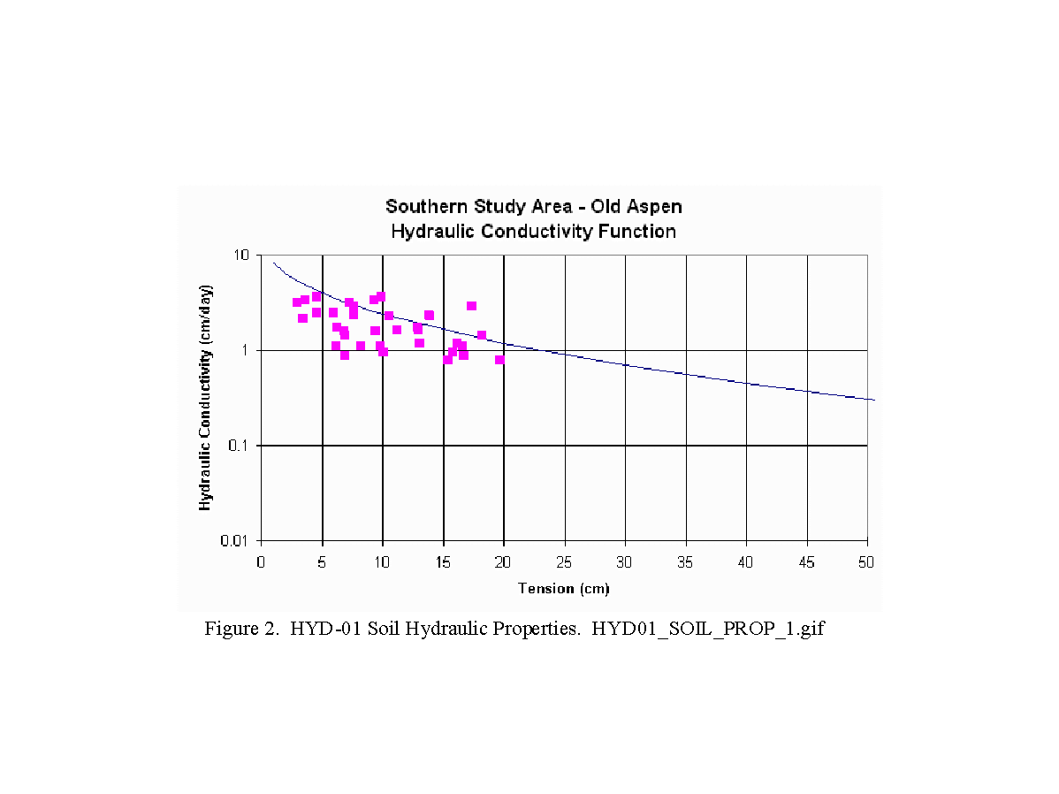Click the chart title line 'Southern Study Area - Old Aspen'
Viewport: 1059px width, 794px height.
[x=533, y=207]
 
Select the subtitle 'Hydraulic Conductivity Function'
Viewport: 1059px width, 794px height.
[x=533, y=232]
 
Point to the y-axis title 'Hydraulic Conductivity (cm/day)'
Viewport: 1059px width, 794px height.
[x=205, y=398]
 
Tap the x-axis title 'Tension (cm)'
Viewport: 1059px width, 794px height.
[x=563, y=589]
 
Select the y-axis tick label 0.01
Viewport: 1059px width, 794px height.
[x=235, y=541]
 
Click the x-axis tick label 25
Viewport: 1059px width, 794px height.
[x=564, y=561]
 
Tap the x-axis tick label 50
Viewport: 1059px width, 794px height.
[x=867, y=561]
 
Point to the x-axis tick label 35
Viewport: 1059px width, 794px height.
[x=685, y=561]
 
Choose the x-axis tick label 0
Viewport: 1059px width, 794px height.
[x=261, y=561]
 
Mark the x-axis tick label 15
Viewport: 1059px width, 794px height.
[x=443, y=561]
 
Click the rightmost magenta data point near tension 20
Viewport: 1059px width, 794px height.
[x=499, y=360]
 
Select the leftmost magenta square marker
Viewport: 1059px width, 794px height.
[x=297, y=302]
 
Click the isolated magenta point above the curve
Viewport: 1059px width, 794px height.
[x=471, y=306]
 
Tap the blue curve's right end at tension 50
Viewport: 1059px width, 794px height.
[x=872, y=400]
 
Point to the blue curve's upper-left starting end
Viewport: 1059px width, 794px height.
[x=274, y=263]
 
